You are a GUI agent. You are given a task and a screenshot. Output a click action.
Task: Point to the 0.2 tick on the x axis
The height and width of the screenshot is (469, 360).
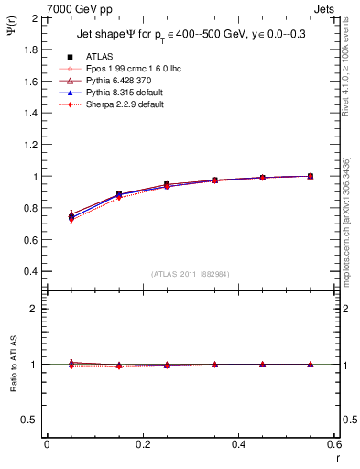pyautogui.click(x=142, y=443)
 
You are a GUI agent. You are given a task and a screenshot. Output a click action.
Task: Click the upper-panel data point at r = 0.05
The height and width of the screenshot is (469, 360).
pyautogui.click(x=71, y=216)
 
